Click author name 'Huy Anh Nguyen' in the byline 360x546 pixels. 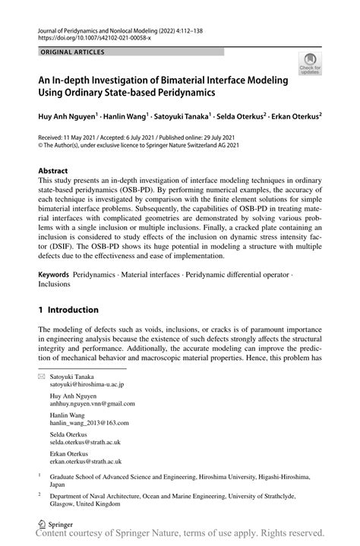tap(68, 117)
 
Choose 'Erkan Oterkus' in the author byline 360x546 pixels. tap(292, 117)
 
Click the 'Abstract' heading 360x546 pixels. tap(53, 172)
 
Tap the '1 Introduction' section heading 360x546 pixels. tap(69, 310)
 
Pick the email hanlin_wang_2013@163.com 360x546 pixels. tap(90, 424)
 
